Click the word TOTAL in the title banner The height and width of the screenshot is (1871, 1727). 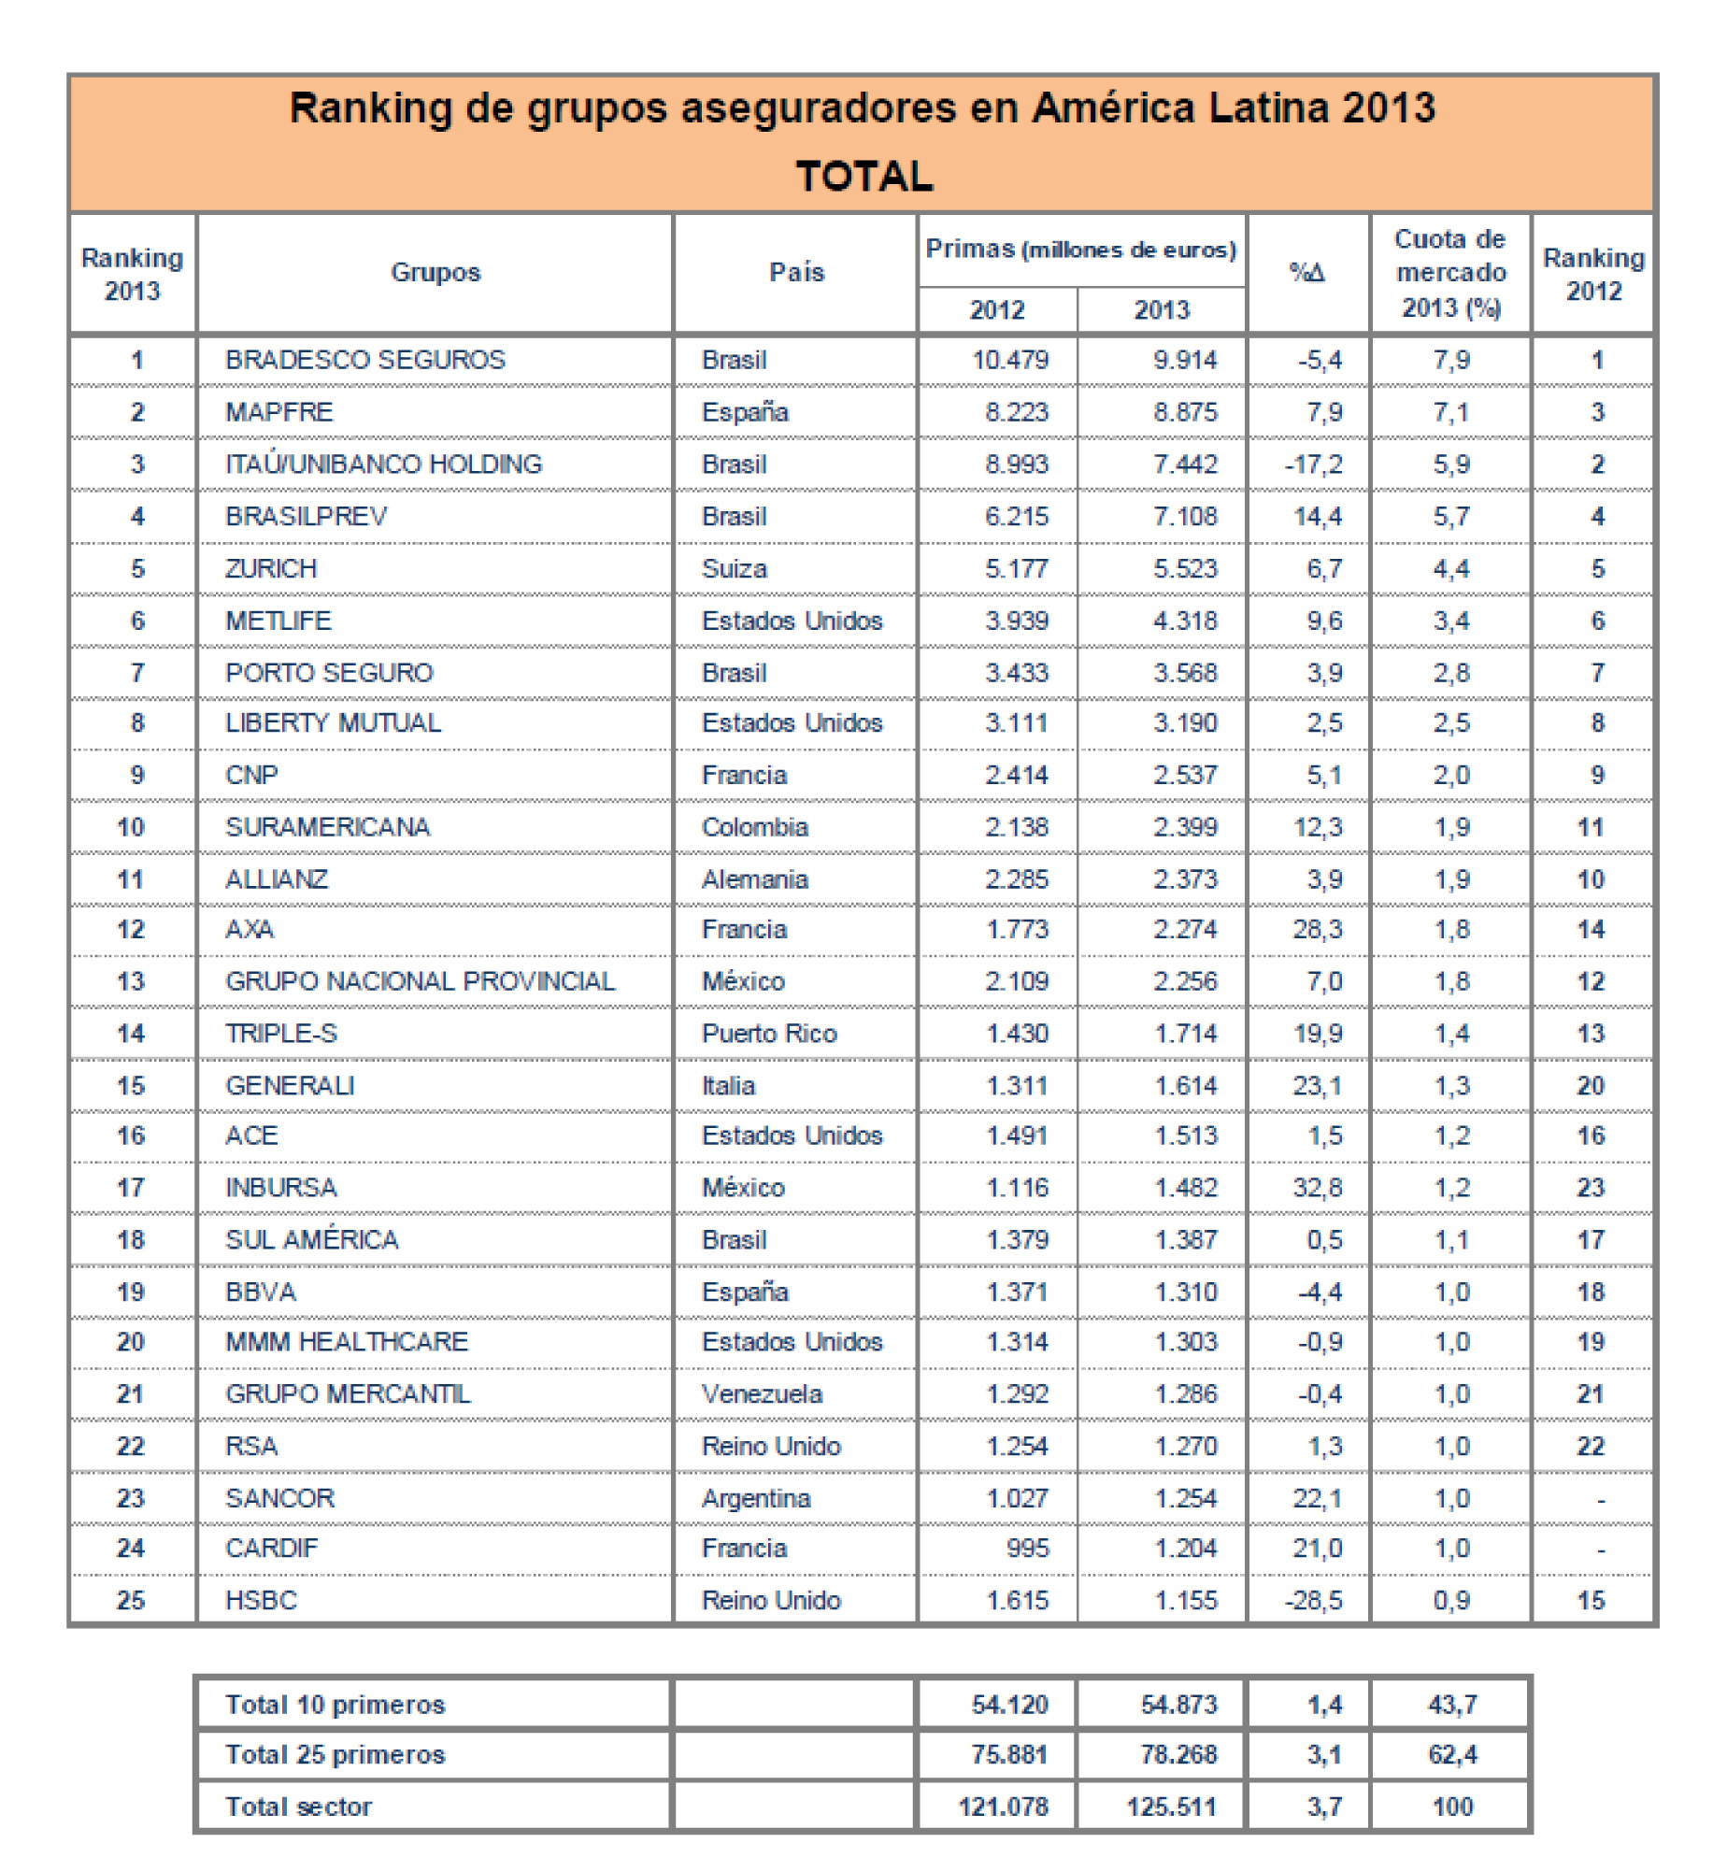tap(863, 176)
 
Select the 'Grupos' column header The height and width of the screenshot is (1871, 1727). tap(435, 272)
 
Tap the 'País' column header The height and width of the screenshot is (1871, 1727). tap(796, 272)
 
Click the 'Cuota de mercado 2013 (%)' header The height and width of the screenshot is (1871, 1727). tap(1450, 273)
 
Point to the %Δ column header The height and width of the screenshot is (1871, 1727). tap(1306, 273)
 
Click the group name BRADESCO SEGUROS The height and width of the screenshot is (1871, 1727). tap(364, 360)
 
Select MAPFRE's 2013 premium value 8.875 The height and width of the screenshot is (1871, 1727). tap(1185, 412)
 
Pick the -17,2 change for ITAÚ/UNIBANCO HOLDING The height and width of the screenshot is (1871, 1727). tap(1313, 464)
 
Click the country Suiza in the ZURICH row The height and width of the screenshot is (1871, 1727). tap(734, 568)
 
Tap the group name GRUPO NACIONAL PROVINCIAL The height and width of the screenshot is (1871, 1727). tap(420, 981)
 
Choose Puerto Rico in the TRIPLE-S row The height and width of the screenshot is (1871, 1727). tap(769, 1034)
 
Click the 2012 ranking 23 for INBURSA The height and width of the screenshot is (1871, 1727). tap(1591, 1188)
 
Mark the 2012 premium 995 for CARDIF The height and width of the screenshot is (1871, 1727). tap(1027, 1549)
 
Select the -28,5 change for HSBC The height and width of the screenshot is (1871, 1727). tap(1313, 1601)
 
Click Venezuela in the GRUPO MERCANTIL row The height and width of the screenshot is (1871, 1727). tap(762, 1394)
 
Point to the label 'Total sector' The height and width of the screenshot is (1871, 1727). tap(298, 1807)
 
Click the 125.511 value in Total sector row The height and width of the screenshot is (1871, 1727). tap(1171, 1807)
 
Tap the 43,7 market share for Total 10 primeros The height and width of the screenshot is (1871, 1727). tap(1452, 1705)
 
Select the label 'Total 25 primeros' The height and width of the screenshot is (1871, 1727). tap(335, 1755)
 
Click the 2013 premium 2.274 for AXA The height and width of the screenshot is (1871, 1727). tap(1185, 929)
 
